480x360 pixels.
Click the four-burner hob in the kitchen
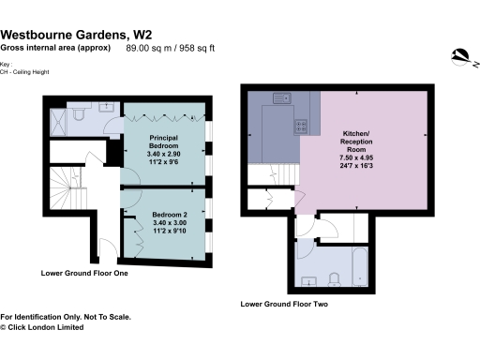coord(304,126)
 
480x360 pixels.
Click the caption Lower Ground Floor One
coord(83,274)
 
